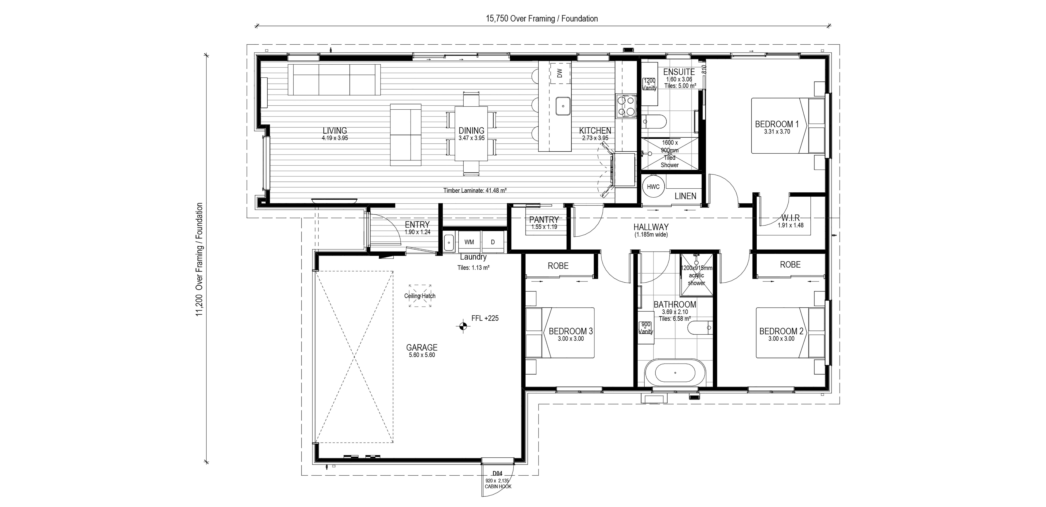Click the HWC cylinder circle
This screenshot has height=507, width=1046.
click(653, 187)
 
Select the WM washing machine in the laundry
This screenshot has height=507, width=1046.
click(469, 242)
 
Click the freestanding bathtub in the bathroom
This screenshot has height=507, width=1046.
click(675, 372)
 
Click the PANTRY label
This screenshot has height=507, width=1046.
click(544, 220)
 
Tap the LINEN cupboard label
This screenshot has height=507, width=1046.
click(685, 196)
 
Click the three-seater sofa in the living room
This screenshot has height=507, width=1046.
click(334, 80)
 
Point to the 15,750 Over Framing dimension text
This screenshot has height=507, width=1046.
click(542, 19)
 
